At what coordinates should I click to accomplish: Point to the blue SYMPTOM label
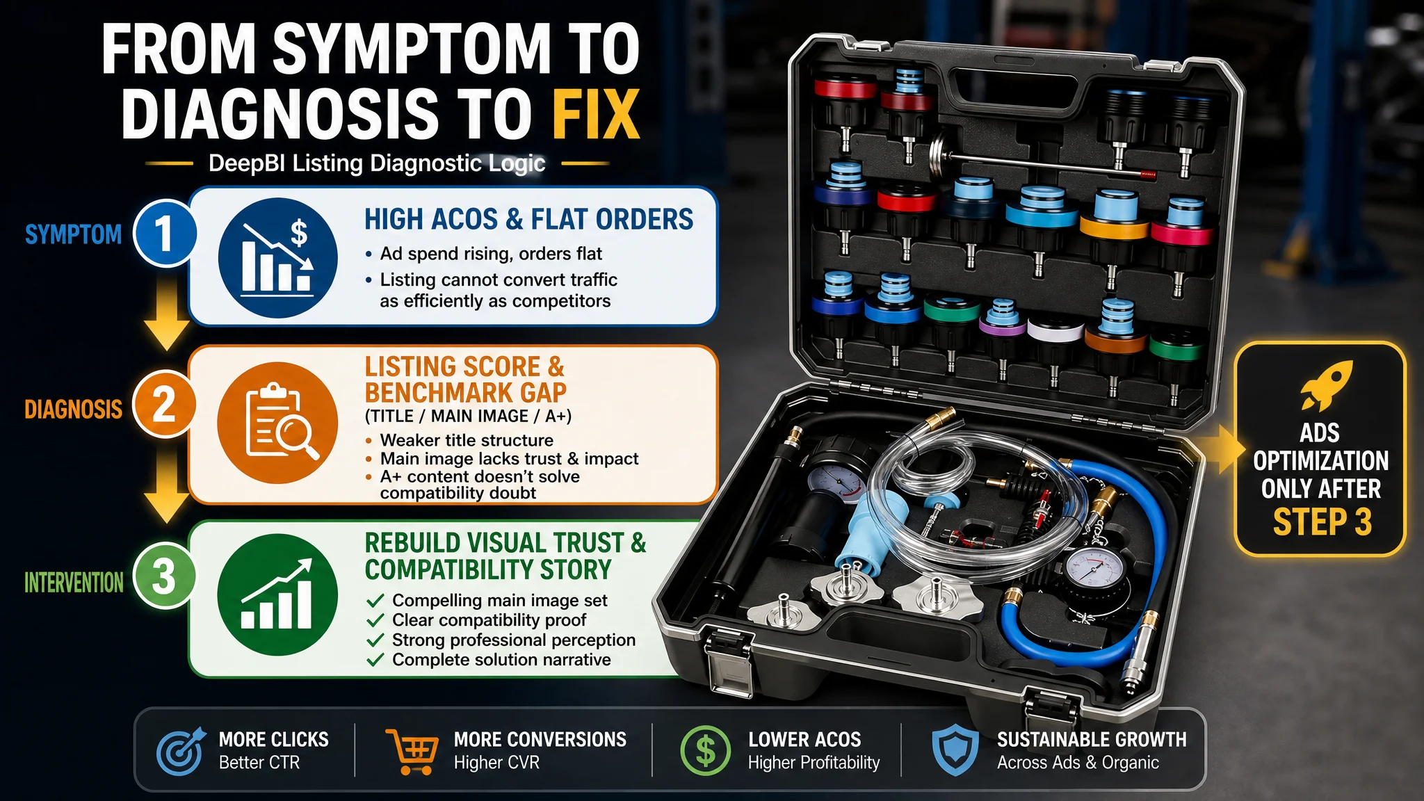73,235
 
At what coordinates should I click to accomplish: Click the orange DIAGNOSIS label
73,410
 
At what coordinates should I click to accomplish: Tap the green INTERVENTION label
74,583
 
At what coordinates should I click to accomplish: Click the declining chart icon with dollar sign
278,258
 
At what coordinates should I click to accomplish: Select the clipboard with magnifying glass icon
278,423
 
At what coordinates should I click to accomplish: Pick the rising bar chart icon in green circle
278,594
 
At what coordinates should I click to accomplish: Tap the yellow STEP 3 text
1322,522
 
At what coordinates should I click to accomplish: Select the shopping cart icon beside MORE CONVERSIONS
412,751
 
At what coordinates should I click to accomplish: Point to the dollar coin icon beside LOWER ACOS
706,751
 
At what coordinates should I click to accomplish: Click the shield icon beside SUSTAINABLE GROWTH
955,750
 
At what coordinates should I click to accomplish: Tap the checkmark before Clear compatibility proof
375,620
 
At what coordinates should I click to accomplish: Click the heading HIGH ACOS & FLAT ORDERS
529,220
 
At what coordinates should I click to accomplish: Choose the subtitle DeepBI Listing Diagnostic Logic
377,163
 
